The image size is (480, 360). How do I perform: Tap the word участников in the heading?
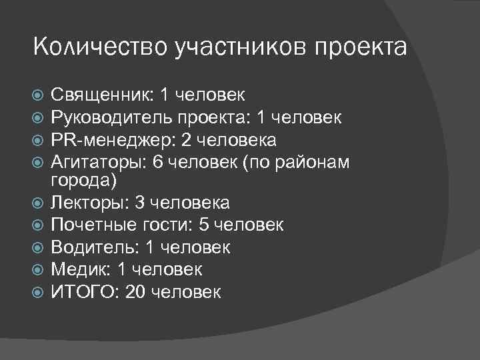[236, 47]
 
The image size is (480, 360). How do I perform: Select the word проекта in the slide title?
[360, 47]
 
